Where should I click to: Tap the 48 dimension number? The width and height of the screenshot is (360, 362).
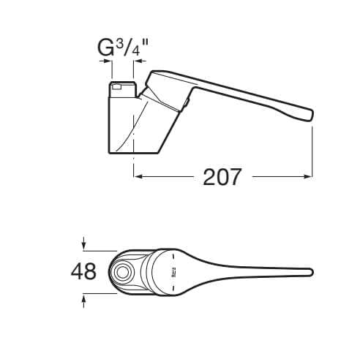point(83,271)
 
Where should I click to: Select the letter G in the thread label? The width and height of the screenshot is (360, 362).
point(106,49)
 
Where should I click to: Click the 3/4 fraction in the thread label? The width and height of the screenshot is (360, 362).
point(130,48)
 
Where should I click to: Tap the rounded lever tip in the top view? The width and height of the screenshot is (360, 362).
point(310,273)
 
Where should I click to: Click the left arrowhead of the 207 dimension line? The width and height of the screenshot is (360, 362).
point(137,176)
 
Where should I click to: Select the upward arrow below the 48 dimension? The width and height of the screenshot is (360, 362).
point(85,296)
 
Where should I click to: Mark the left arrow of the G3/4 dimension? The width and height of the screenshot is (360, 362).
point(107,64)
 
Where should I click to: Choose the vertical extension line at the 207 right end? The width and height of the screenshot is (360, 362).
point(312,150)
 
